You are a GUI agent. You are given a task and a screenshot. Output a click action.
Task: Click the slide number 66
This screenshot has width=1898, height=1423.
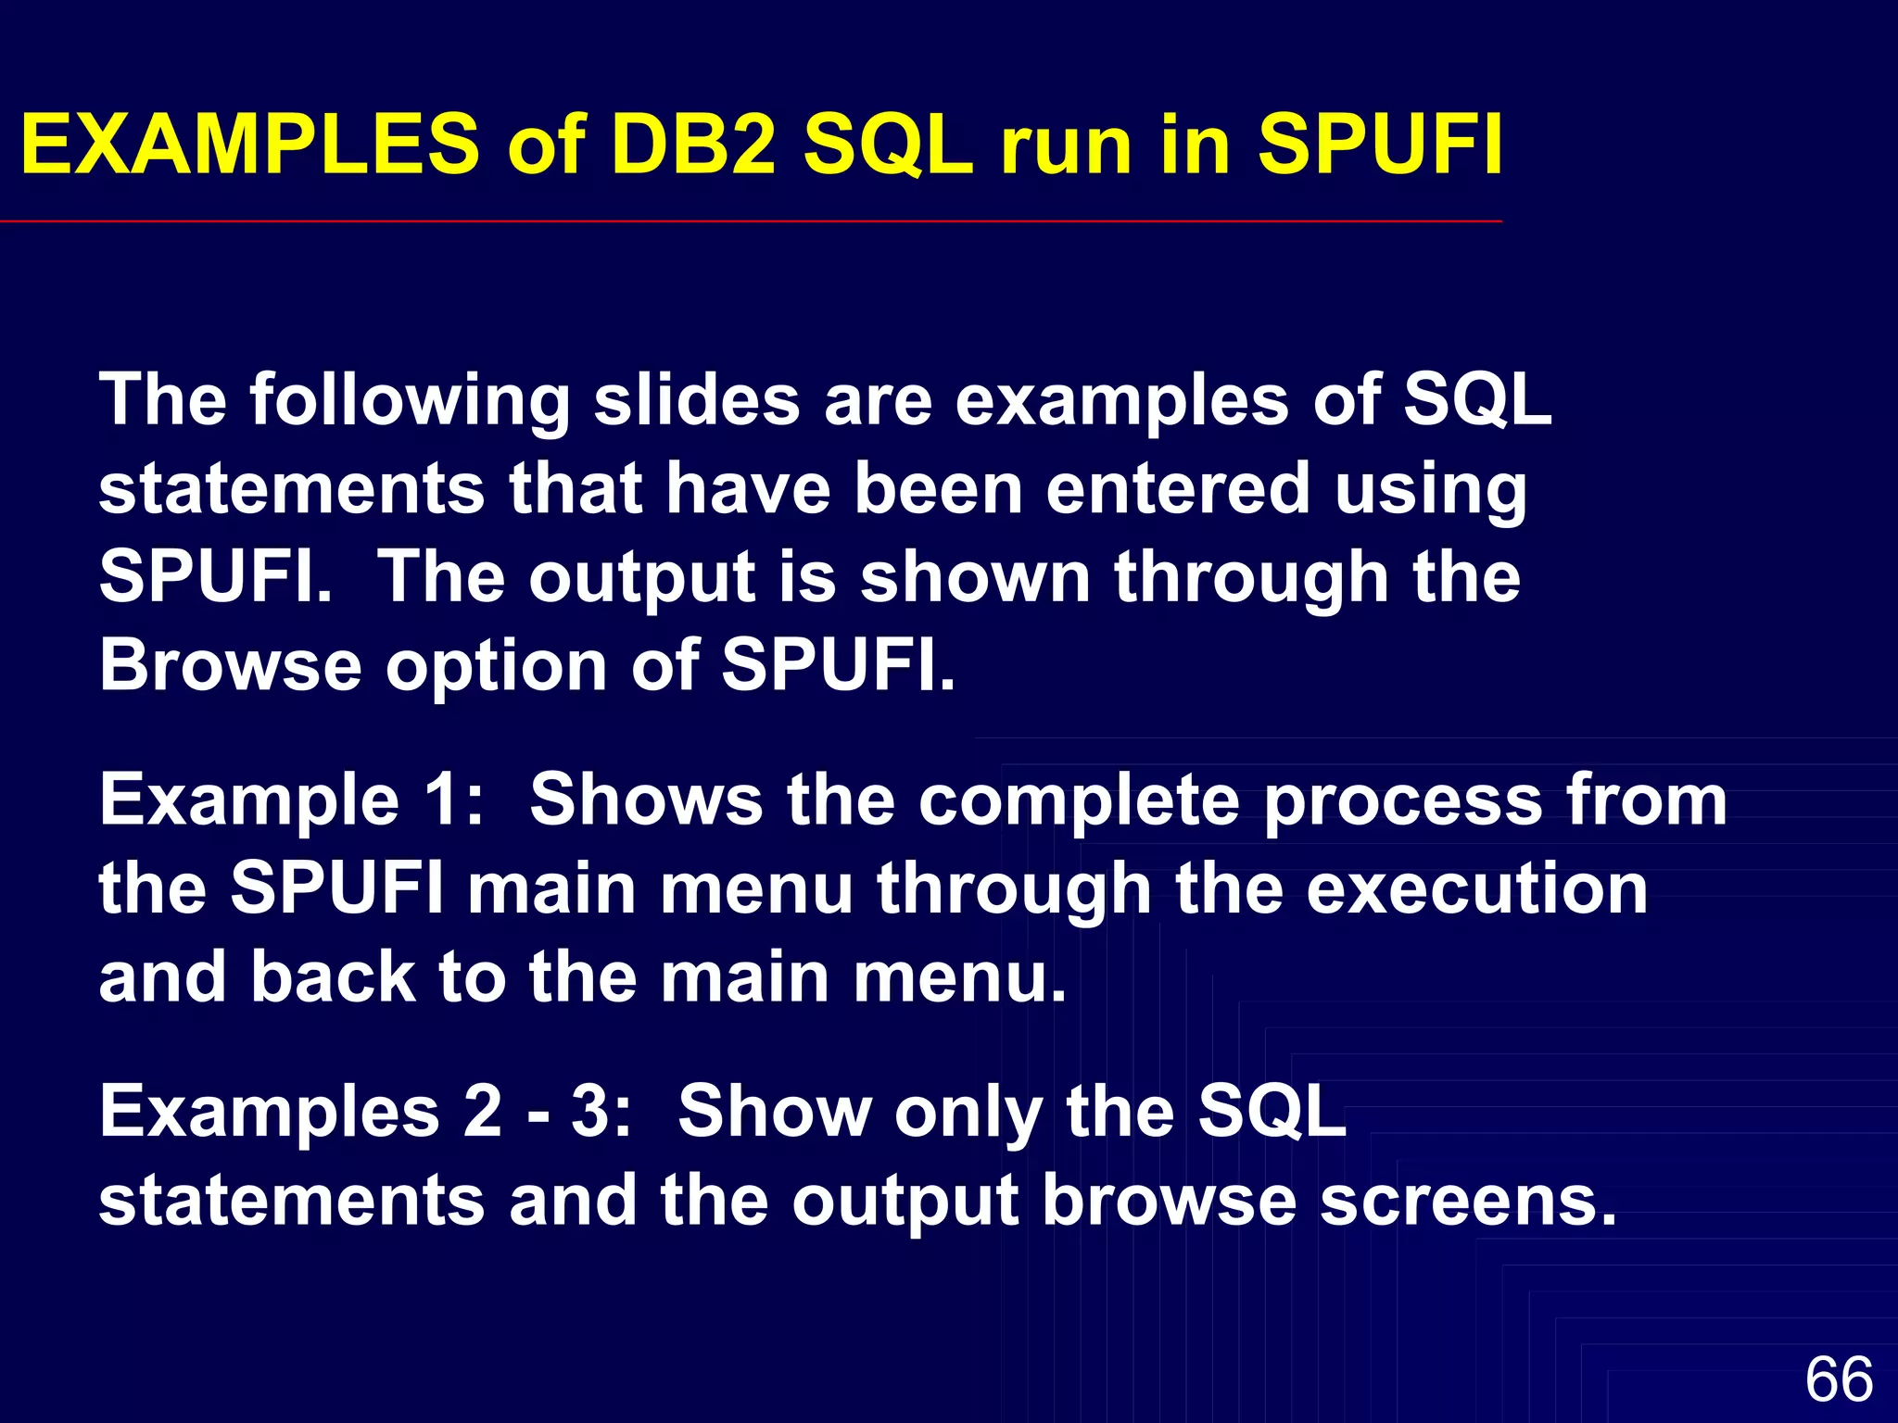pos(1839,1379)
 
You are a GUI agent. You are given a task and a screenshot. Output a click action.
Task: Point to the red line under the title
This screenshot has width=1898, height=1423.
pos(751,222)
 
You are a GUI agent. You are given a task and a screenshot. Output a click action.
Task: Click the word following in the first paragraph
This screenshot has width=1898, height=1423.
pos(410,401)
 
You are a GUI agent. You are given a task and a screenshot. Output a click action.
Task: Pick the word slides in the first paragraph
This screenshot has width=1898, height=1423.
pos(697,401)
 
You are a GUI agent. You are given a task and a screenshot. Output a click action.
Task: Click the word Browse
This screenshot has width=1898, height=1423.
pos(230,665)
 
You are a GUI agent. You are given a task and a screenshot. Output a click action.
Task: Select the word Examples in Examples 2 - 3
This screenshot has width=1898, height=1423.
pos(269,1113)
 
